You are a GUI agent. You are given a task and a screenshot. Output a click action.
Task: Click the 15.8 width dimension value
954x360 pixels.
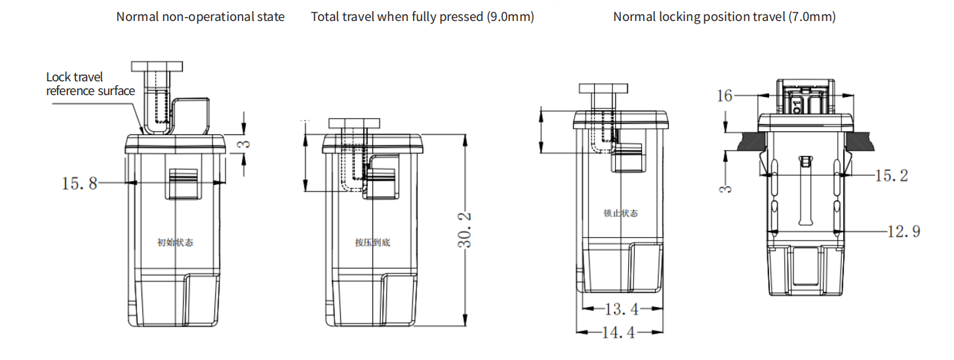tap(79, 184)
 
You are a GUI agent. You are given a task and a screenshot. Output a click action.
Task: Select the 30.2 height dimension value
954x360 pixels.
tap(465, 230)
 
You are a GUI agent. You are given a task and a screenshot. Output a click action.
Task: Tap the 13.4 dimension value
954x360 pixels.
tap(622, 310)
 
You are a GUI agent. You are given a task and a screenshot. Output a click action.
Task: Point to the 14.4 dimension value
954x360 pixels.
tap(618, 332)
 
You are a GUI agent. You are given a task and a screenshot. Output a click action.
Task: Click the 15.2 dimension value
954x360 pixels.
tap(892, 176)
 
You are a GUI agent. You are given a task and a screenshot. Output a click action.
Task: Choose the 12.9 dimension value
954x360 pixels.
tap(904, 231)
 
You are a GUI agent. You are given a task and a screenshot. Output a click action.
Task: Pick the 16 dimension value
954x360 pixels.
tap(725, 96)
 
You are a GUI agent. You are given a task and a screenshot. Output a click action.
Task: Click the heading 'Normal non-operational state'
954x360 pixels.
tap(200, 16)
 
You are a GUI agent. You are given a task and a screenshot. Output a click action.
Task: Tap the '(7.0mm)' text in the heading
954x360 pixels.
tap(812, 16)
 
